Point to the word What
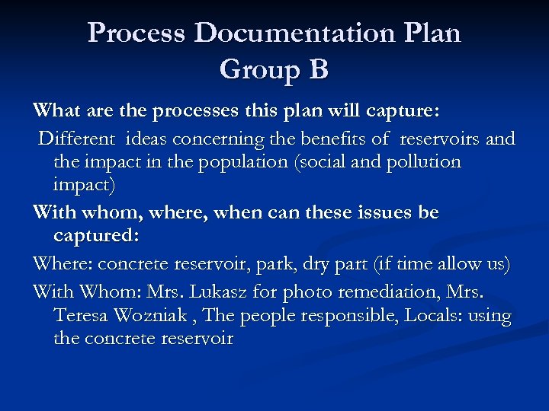(x=55, y=112)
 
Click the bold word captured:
(x=96, y=236)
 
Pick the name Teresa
(x=81, y=316)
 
